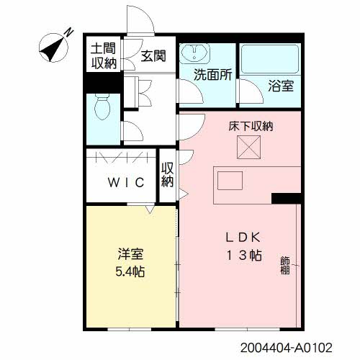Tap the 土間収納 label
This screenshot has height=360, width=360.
104,56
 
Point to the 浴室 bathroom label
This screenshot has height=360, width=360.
281,86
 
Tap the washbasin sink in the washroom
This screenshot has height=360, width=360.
192,54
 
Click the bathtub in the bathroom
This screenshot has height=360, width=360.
269,60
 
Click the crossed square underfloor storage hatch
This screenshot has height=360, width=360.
251,148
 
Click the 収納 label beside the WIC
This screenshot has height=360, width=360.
168,175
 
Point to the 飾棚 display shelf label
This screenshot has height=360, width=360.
285,266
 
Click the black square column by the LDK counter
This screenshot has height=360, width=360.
284,198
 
